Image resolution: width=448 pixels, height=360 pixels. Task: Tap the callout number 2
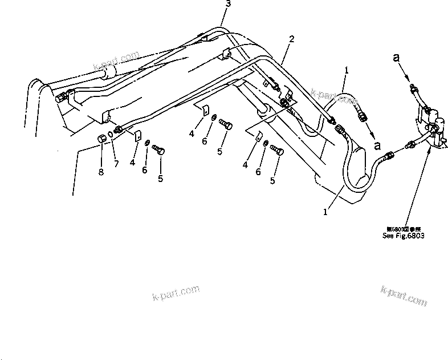tap(292, 39)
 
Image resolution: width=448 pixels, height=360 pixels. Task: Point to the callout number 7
tap(116, 164)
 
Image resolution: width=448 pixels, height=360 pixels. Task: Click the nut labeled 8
tap(102, 138)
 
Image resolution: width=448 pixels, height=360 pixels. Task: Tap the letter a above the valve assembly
tap(396, 57)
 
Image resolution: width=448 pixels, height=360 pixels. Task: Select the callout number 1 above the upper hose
tap(345, 70)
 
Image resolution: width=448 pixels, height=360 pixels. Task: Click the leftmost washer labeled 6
tap(147, 143)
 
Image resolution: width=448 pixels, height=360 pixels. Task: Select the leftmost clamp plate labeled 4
tap(137, 136)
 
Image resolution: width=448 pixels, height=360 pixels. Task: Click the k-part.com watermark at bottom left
tap(176, 292)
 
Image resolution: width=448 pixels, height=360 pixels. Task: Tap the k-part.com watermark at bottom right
tap(404, 296)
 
